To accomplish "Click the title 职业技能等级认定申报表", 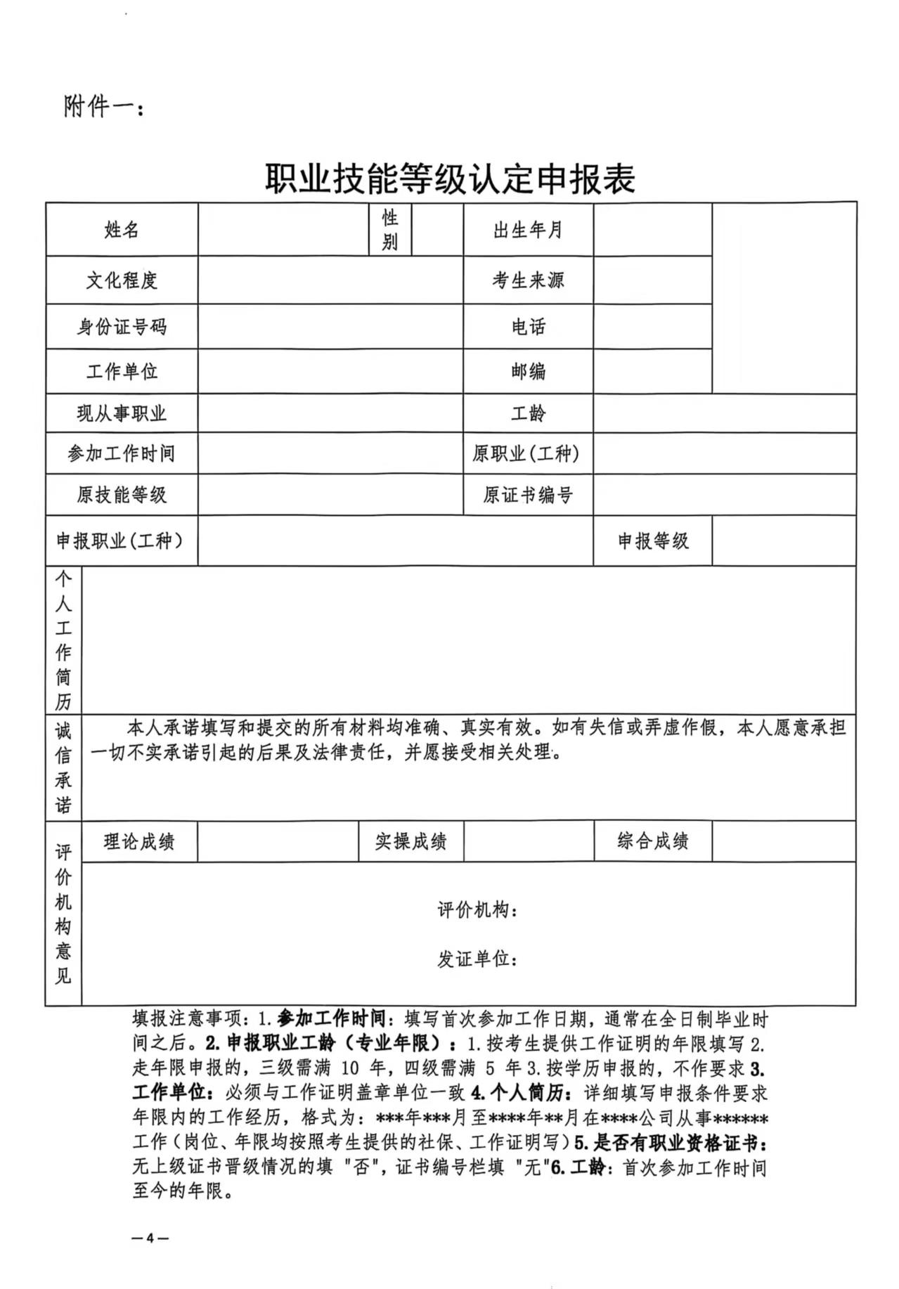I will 450,179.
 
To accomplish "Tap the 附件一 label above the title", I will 103,108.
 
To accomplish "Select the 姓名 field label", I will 122,230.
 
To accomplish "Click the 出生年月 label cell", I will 528,230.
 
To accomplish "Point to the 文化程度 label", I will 122,280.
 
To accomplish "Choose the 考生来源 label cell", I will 528,280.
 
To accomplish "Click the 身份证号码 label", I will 122,327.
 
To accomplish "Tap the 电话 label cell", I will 528,327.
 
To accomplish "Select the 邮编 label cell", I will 528,371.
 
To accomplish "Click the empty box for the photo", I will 784,298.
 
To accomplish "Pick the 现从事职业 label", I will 122,413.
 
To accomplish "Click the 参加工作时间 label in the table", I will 122,453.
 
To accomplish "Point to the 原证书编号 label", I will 528,495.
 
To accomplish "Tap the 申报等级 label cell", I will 653,540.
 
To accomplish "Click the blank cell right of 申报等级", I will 784,540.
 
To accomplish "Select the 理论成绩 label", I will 139,841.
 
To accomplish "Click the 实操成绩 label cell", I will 410,841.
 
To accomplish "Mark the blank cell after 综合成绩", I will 784,841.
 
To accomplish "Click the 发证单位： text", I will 477,959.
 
